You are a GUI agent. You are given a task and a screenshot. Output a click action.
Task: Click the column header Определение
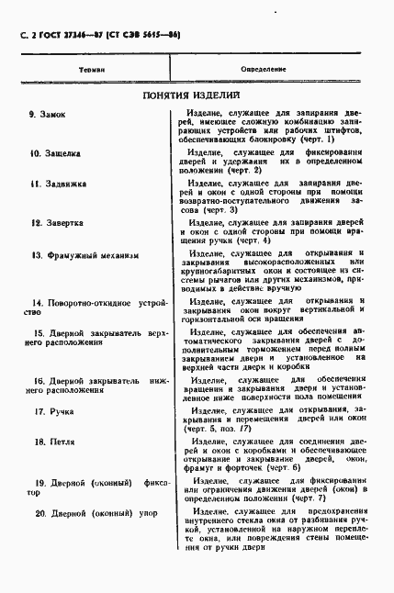[x=264, y=69]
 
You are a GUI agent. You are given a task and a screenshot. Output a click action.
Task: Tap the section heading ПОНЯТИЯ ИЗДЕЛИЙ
[x=191, y=95]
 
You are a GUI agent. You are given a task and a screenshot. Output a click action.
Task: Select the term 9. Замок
[x=44, y=114]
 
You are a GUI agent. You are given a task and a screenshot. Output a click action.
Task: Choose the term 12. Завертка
[x=52, y=222]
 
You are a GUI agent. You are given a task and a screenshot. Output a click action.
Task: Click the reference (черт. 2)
[x=220, y=171]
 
